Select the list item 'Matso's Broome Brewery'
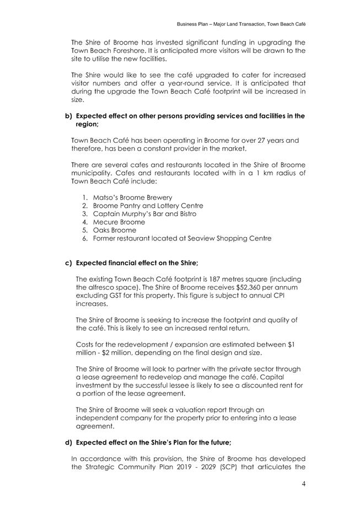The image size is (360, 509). [x=132, y=197]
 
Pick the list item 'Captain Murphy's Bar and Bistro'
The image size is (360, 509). [x=144, y=214]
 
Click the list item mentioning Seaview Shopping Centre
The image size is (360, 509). [x=182, y=239]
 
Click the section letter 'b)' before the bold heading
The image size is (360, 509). [x=69, y=116]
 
